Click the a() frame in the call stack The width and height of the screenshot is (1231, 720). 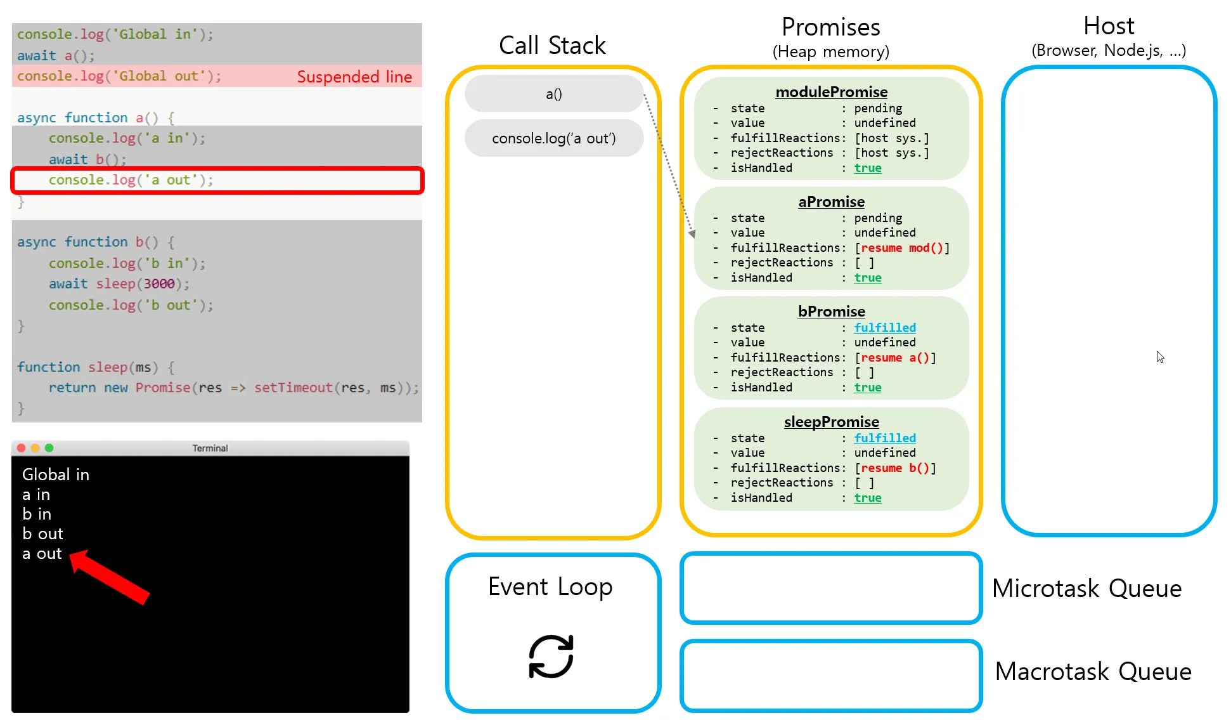click(554, 94)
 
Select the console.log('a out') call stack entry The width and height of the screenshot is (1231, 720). click(554, 138)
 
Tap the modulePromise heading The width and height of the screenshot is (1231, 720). click(831, 92)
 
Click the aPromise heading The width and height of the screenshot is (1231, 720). click(831, 202)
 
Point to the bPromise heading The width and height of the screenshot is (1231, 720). click(831, 311)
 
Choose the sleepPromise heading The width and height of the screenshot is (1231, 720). click(831, 422)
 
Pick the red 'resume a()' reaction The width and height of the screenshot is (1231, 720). click(895, 358)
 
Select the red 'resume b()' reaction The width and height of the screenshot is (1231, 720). click(895, 468)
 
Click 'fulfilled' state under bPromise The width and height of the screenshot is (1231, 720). click(885, 328)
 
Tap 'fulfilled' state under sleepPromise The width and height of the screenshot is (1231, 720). click(885, 438)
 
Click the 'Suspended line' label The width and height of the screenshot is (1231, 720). click(354, 77)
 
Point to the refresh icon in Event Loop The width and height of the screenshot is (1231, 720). click(551, 657)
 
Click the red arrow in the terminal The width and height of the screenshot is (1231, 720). click(109, 577)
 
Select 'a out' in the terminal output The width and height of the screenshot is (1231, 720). click(42, 554)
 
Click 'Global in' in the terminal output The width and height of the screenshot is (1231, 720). click(56, 475)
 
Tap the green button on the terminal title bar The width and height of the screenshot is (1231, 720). click(49, 448)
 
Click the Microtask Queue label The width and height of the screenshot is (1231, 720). click(1086, 589)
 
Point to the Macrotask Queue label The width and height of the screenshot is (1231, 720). click(1093, 672)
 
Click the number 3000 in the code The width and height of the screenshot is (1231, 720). click(159, 284)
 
